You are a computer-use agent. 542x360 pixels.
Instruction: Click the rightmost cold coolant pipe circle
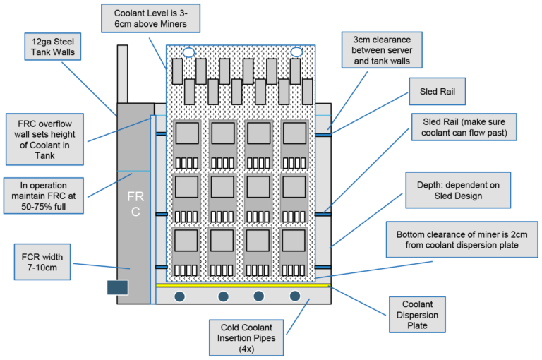(295, 296)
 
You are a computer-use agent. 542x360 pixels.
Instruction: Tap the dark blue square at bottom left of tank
(117, 287)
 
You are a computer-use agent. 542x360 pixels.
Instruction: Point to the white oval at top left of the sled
(188, 52)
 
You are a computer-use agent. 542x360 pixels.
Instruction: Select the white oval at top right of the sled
(296, 52)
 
